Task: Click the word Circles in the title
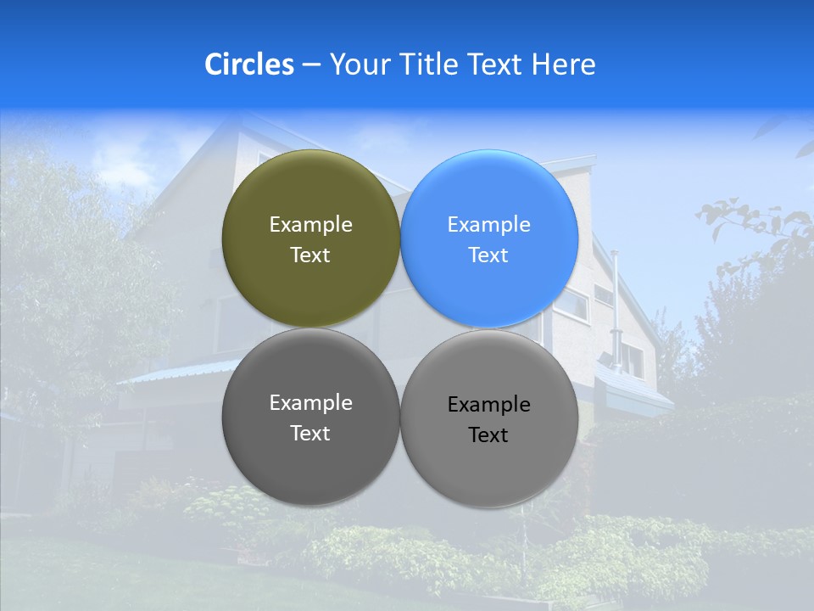[x=249, y=64]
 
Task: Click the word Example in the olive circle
[x=310, y=225]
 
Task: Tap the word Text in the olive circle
[x=310, y=255]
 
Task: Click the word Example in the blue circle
[x=488, y=225]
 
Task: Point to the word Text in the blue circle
[x=488, y=255]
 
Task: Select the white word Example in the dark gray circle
[x=310, y=403]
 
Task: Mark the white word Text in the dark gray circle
[x=310, y=434]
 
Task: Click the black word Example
[x=488, y=405]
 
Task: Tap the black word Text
[x=488, y=435]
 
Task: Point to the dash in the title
[x=311, y=64]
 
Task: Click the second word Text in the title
[x=494, y=64]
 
